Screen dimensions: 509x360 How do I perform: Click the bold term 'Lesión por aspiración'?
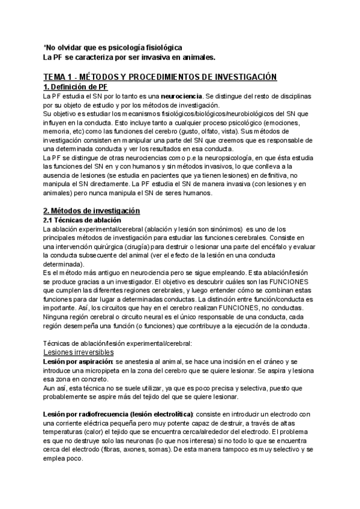pyautogui.click(x=77, y=362)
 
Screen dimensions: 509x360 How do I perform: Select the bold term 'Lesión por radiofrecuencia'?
pyautogui.click(x=100, y=415)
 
